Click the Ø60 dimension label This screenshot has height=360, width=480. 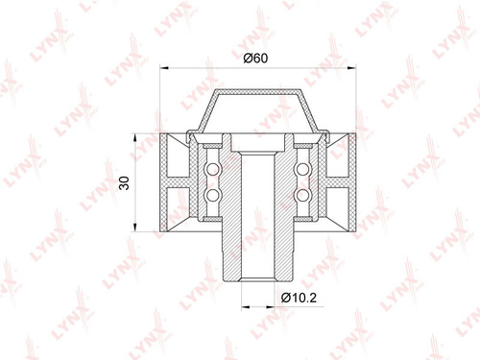click(255, 59)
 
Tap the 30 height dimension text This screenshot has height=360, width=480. click(124, 183)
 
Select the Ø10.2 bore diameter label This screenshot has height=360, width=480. click(299, 298)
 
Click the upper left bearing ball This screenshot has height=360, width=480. click(212, 169)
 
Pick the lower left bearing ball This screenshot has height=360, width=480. click(212, 195)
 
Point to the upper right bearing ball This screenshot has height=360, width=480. click(302, 169)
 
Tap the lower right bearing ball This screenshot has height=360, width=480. click(302, 195)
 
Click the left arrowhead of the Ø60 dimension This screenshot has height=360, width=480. click(164, 67)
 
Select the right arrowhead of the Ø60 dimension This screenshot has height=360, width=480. click(351, 67)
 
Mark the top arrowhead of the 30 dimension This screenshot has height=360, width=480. click(135, 138)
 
